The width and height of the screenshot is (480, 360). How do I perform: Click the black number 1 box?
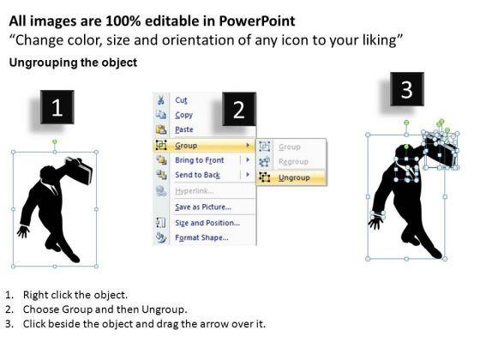[x=57, y=107]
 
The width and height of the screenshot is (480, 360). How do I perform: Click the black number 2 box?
[x=239, y=109]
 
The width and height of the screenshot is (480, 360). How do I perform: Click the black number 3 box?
[x=407, y=89]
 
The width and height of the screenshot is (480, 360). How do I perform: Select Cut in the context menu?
[x=181, y=100]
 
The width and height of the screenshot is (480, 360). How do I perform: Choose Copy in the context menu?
[x=183, y=115]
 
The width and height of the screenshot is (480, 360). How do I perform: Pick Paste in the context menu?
[x=184, y=129]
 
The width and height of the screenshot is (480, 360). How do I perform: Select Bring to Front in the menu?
[x=199, y=160]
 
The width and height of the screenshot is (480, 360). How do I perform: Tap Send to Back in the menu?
[x=197, y=175]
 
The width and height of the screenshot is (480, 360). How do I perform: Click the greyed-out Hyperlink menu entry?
[x=195, y=191]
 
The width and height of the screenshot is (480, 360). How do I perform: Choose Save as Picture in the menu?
[x=203, y=207]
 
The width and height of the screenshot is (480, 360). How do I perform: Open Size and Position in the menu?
[x=207, y=223]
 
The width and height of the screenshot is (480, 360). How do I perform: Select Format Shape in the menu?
[x=201, y=237]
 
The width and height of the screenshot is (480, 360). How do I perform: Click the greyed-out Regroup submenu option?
[x=293, y=162]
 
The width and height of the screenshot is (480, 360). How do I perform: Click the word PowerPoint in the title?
[x=257, y=21]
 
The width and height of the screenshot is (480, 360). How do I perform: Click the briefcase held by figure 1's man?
[x=80, y=170]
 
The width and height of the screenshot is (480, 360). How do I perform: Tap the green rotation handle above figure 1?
[x=55, y=141]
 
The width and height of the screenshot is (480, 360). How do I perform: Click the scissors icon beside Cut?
[x=161, y=100]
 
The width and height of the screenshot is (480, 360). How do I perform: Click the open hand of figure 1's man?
[x=23, y=231]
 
